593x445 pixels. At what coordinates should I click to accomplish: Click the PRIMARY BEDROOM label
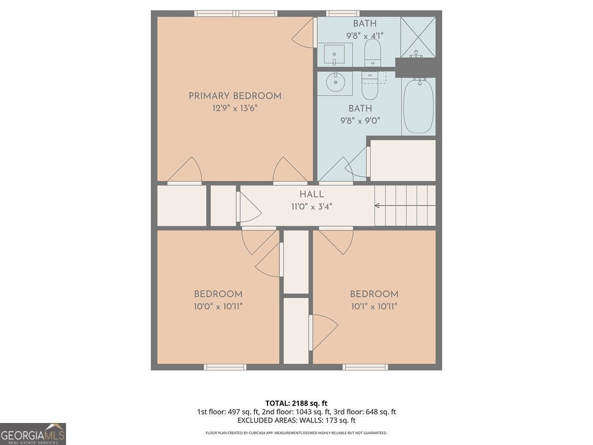(235, 96)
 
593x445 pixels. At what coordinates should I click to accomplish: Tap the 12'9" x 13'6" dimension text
(235, 108)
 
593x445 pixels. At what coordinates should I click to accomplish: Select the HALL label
(312, 195)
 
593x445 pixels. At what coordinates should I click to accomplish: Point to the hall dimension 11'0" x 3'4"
(312, 206)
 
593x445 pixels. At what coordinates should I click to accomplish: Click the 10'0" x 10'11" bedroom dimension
(218, 307)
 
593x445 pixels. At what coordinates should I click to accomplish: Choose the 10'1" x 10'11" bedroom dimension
(374, 307)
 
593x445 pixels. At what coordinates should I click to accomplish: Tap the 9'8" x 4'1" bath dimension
(364, 35)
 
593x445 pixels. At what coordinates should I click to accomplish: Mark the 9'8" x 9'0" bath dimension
(360, 121)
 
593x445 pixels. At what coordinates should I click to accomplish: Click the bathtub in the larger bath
(418, 106)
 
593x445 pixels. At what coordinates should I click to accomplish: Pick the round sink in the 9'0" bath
(335, 83)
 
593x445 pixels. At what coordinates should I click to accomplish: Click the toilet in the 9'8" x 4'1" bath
(372, 56)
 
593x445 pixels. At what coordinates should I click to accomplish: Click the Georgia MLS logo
(33, 434)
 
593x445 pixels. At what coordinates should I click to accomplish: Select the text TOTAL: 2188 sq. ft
(296, 403)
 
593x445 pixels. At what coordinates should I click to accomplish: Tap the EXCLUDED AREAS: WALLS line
(296, 421)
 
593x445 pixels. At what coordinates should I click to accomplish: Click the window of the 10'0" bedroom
(225, 367)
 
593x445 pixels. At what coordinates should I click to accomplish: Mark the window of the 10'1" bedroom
(365, 367)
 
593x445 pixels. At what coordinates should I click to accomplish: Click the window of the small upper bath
(342, 13)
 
